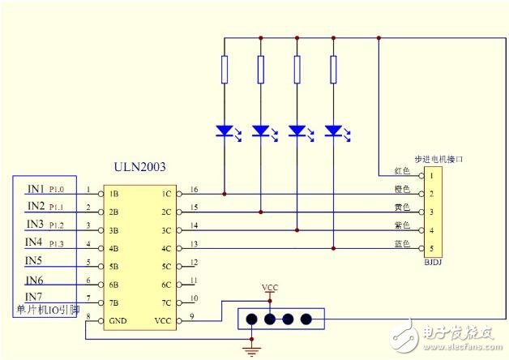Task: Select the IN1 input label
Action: point(35,189)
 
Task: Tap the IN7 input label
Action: point(34,296)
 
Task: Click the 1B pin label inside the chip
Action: point(114,195)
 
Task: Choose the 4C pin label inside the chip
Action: point(166,248)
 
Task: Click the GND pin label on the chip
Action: point(118,319)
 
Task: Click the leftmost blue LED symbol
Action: point(225,131)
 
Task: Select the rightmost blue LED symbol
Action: point(332,131)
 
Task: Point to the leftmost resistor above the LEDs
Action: point(225,70)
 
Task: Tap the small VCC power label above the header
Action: point(270,288)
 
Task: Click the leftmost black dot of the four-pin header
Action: point(251,319)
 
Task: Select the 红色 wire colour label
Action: point(402,171)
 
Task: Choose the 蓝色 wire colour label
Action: point(402,242)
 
